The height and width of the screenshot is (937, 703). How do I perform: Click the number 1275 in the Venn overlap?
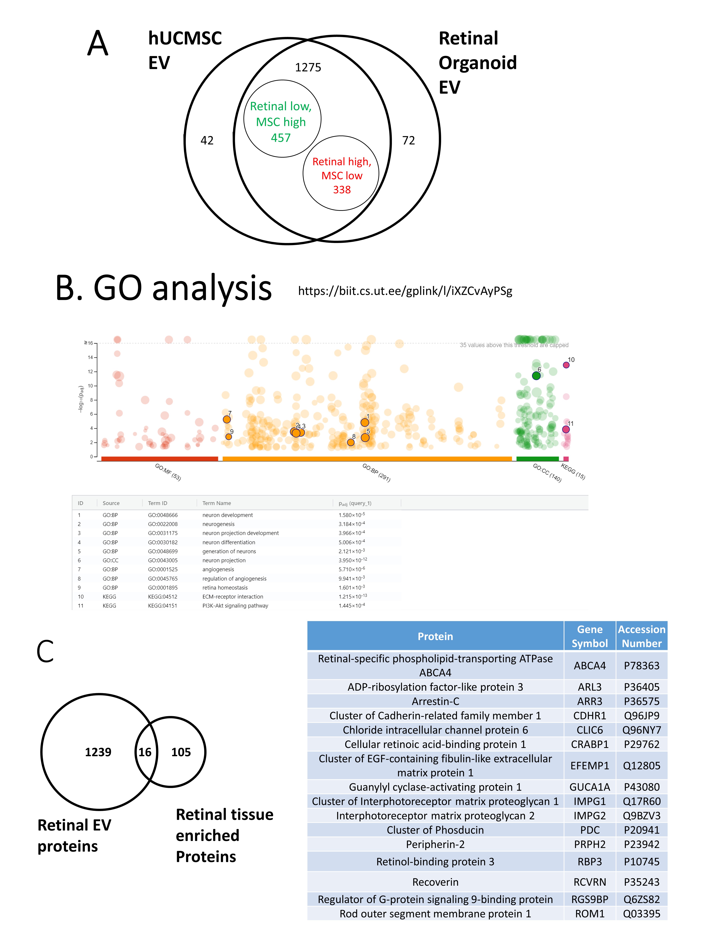pos(308,67)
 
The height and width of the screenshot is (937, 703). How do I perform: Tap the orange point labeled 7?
pos(227,419)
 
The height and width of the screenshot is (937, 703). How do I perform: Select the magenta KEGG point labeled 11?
pos(566,429)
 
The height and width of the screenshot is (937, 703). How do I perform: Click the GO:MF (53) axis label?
pos(168,472)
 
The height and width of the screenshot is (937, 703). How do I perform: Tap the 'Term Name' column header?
pos(217,503)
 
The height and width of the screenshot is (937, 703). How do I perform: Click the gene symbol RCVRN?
pos(589,882)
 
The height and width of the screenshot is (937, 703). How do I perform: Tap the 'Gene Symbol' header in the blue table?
pos(589,636)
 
